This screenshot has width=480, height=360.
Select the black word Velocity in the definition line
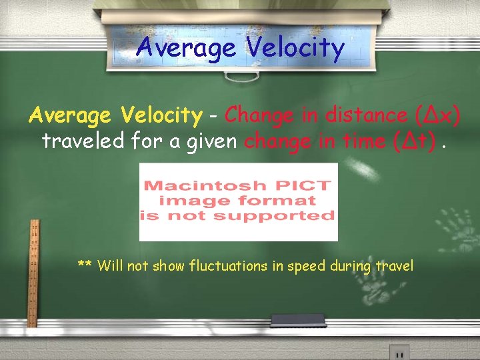162,116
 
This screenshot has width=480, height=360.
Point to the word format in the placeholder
277,200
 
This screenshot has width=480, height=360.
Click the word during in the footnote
351,267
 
